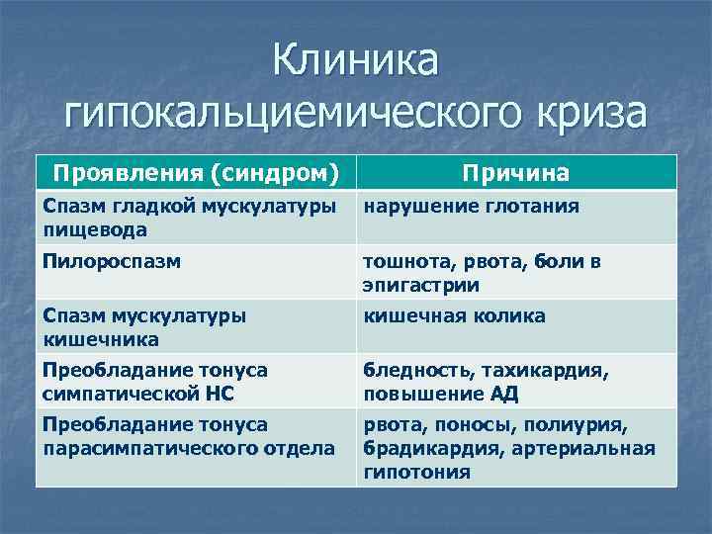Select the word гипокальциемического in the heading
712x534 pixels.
coord(276,112)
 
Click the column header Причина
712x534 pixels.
coord(516,173)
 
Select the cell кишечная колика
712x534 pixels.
coord(454,315)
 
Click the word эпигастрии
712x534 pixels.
coord(420,285)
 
